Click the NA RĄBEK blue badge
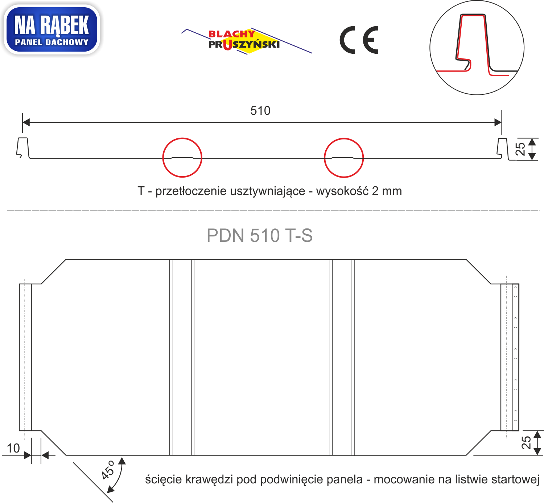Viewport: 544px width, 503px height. click(x=51, y=29)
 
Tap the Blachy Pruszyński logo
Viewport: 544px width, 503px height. click(x=247, y=41)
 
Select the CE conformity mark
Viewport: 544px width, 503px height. click(x=359, y=40)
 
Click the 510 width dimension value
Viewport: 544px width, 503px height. click(x=260, y=111)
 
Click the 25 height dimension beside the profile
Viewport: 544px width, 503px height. click(x=520, y=149)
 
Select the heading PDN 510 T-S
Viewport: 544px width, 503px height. click(x=259, y=235)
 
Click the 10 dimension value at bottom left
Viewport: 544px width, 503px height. click(x=13, y=448)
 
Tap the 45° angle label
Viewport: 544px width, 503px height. click(x=107, y=470)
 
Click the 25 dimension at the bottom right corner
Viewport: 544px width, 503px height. click(x=526, y=443)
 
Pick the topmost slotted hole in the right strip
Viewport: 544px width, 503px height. click(x=515, y=292)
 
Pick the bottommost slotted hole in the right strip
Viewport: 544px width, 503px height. click(x=515, y=416)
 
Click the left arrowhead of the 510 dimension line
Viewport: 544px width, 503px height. click(x=26, y=122)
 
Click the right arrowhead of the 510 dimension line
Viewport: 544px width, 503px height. click(x=498, y=122)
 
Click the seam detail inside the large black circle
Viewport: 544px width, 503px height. click(x=477, y=45)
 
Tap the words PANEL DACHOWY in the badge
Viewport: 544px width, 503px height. click(x=52, y=42)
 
